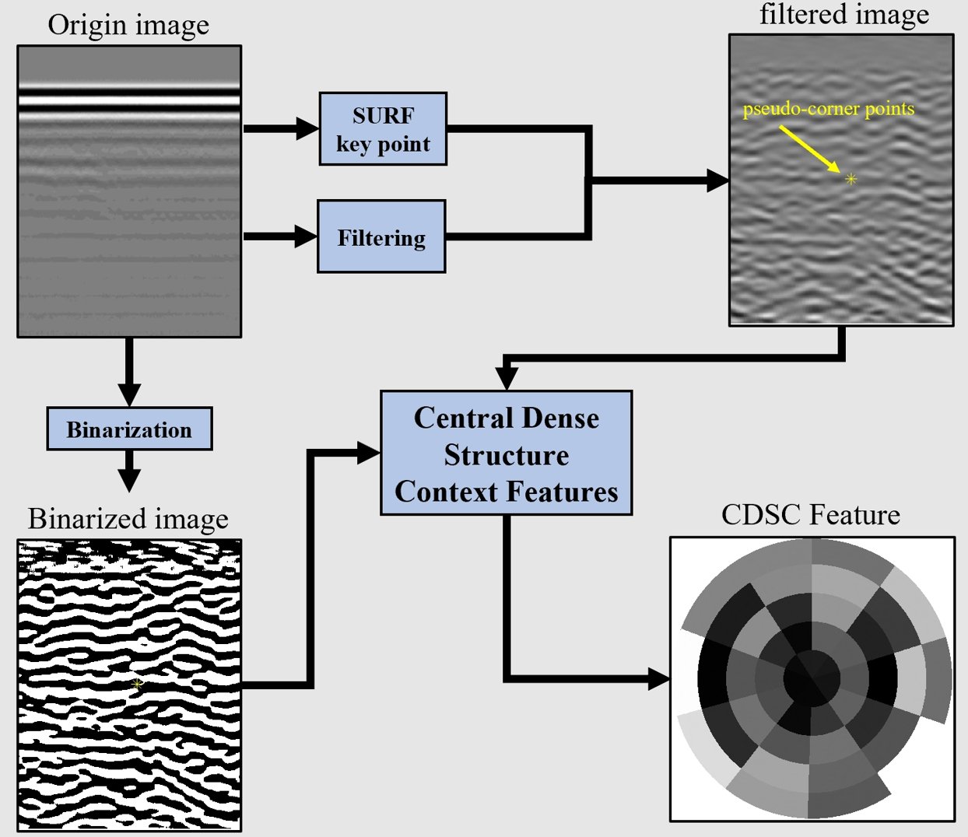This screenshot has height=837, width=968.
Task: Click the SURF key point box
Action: (x=383, y=129)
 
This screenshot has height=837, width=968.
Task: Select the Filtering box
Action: (x=381, y=236)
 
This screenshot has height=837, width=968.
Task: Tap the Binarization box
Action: (x=129, y=429)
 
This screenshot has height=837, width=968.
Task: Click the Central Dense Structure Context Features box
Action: (x=506, y=454)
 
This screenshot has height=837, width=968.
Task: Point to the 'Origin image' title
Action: (x=128, y=25)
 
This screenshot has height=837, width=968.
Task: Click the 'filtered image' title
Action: (x=844, y=15)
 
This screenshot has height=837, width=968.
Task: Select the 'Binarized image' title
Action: (x=128, y=519)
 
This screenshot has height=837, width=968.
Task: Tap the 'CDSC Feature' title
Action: (x=811, y=515)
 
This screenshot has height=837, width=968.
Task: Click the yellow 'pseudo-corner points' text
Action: (x=829, y=109)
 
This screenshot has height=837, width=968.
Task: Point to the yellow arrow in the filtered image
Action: (x=809, y=149)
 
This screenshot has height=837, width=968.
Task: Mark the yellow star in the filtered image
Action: (x=851, y=180)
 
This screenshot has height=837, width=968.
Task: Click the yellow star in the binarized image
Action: (x=138, y=685)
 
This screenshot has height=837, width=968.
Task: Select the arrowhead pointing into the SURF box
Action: (x=308, y=128)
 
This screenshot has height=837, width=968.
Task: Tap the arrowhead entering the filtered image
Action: (x=717, y=181)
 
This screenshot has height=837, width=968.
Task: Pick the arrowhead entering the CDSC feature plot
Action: (x=659, y=679)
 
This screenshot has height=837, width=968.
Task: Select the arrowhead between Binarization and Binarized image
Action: (x=129, y=479)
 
